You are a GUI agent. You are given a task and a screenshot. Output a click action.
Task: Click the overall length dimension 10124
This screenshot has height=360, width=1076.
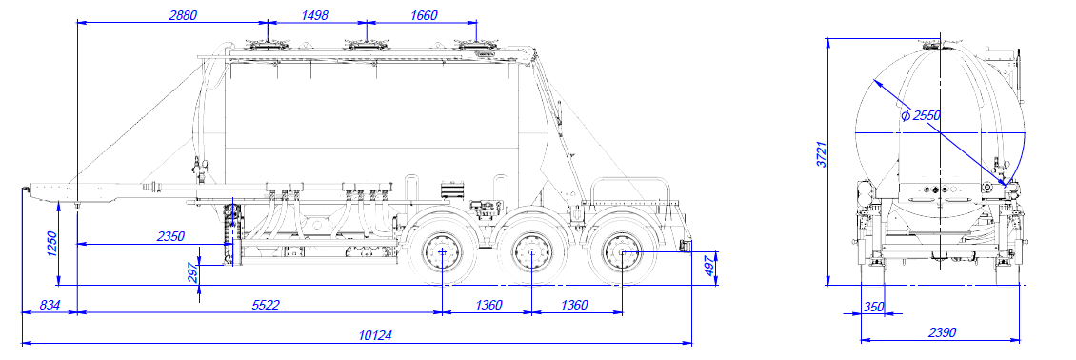click(x=375, y=335)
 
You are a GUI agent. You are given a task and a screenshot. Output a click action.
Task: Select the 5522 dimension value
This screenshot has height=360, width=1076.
click(x=266, y=305)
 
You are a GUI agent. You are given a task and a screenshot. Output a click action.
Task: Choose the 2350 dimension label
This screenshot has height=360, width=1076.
click(x=170, y=236)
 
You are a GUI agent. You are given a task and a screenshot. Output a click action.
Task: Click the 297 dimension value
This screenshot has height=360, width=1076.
click(x=193, y=272)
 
